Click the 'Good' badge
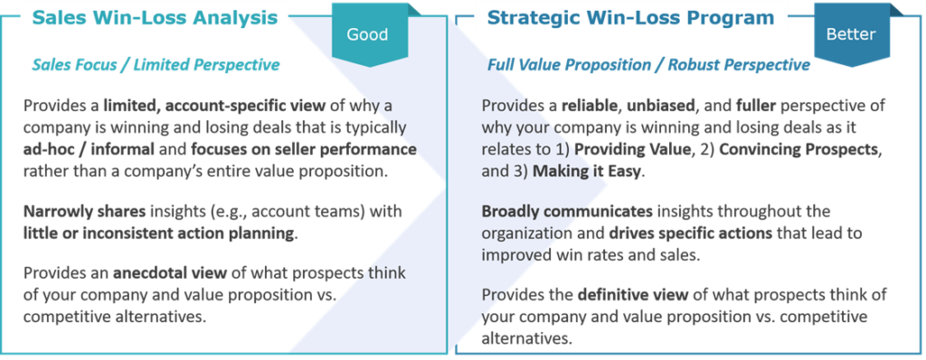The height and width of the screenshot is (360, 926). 367,34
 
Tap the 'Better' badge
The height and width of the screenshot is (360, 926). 850,34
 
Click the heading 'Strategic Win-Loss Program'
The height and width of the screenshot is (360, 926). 629,17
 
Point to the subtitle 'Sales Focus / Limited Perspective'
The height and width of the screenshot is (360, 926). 155,65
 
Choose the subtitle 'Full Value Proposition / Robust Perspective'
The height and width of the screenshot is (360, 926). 647,65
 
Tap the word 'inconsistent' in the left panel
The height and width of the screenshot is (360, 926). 122,233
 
